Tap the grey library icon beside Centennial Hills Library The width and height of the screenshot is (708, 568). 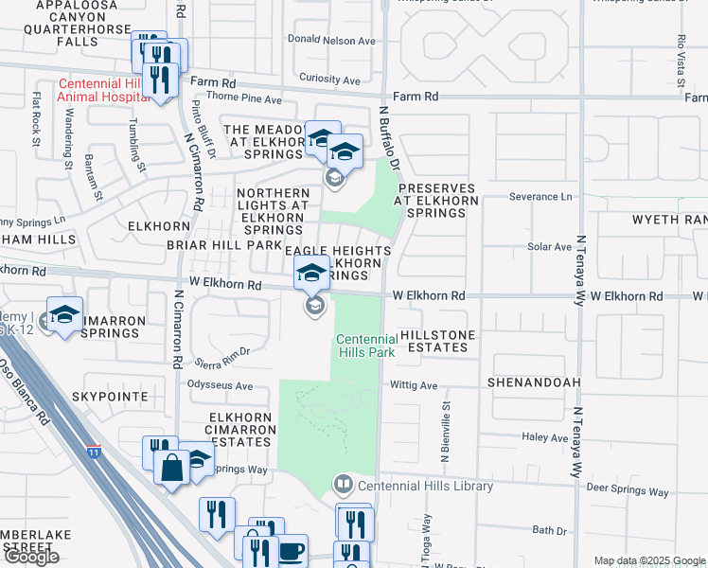pos(343,486)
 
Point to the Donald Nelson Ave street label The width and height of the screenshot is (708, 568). pos(331,41)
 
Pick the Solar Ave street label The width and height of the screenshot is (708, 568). pos(549,246)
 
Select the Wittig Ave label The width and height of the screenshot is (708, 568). pos(415,385)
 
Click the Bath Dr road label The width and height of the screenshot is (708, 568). pos(548,530)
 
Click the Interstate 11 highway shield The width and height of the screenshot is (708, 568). pos(93,451)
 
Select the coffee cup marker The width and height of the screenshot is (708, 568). pos(292,548)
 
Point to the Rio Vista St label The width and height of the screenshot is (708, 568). pos(680,55)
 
